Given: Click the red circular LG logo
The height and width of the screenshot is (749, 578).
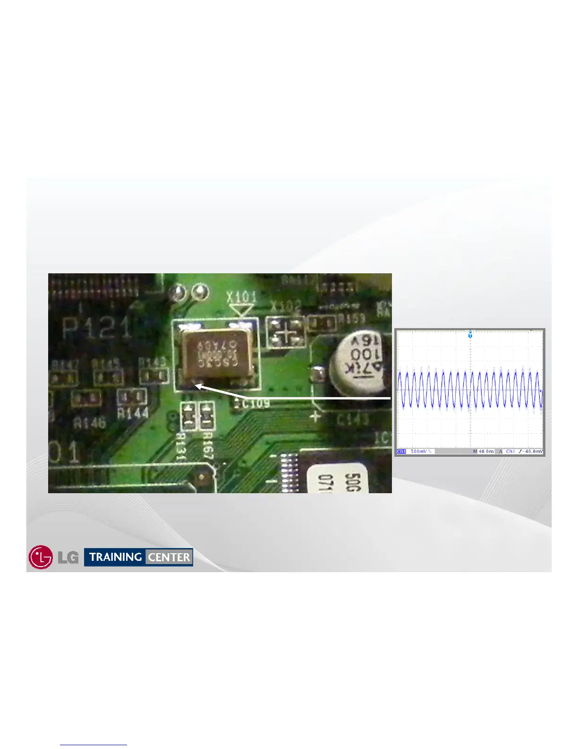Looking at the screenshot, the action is coord(41,557).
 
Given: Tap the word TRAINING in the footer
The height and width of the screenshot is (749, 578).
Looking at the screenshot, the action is coord(116,557).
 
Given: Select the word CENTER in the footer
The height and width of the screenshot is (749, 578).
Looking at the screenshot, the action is coord(169,557).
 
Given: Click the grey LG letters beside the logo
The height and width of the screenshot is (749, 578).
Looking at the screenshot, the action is coord(68,558).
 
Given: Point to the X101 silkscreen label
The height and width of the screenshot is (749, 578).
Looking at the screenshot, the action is coord(241,297).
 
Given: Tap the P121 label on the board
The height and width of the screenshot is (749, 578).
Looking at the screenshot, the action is coord(97,327).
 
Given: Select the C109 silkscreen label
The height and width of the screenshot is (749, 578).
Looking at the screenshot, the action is coord(255,403).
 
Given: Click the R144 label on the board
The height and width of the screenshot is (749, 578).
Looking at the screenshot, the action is coord(133,413).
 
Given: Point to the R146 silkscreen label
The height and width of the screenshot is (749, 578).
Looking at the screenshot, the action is coord(89,422).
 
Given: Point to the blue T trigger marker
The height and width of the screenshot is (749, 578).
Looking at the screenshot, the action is coord(470,335).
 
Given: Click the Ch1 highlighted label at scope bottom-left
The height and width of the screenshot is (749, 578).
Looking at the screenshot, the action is coord(401,452).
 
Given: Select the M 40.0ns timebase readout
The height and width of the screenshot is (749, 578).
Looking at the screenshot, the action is coord(484,452).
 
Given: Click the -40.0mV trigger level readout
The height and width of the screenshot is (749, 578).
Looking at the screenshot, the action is coord(531,452).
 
